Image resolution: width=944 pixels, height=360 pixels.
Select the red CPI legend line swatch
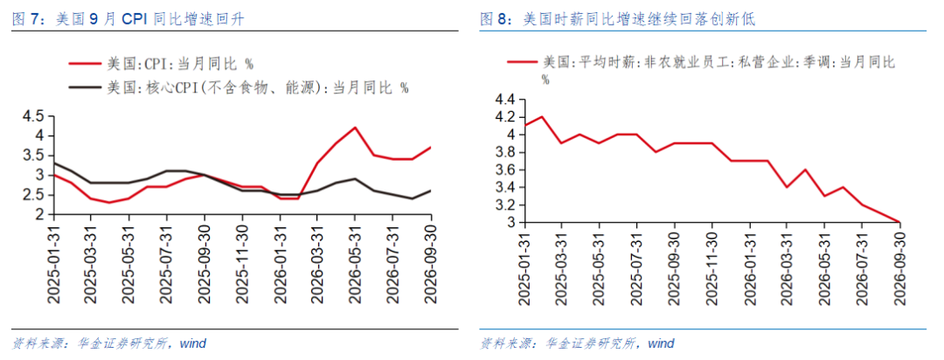(85, 63)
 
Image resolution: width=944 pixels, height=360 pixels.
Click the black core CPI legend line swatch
(85, 87)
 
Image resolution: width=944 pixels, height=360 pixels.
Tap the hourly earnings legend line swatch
(522, 61)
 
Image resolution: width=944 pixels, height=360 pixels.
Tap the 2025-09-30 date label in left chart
(204, 265)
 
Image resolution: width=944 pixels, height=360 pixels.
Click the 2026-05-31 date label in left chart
(355, 265)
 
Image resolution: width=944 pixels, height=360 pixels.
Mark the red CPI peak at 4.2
(355, 127)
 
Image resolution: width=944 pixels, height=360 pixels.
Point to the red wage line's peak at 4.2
(543, 116)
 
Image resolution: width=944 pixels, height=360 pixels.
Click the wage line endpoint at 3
(900, 222)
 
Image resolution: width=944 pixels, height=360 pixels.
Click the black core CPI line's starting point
(53, 163)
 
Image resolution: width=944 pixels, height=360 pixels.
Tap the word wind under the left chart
(194, 344)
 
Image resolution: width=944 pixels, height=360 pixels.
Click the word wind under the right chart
(662, 344)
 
